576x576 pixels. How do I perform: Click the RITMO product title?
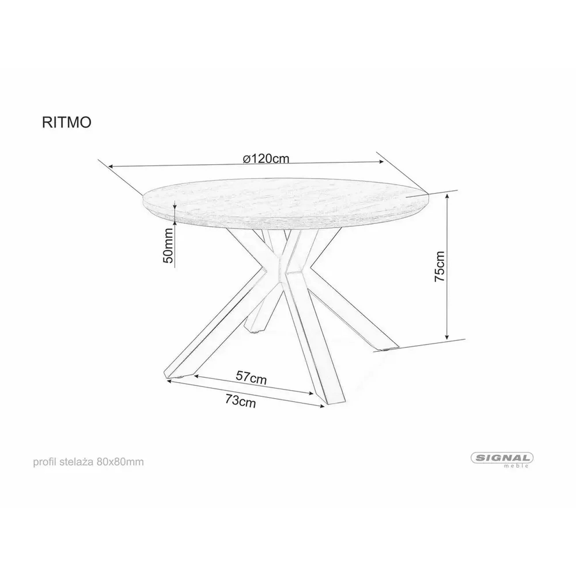67,122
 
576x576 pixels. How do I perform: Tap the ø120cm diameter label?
266,159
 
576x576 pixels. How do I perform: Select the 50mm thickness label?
168,245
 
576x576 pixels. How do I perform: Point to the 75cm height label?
440,266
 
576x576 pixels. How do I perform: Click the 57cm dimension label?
251,378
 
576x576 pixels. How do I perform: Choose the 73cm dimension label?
240,401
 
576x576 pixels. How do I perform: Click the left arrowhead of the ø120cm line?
111,166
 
